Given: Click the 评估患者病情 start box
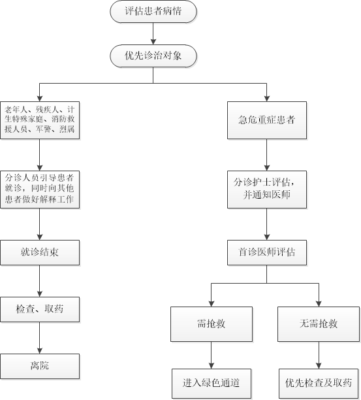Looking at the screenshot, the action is pyautogui.click(x=153, y=12).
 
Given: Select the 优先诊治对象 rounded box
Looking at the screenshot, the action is pyautogui.click(x=153, y=56).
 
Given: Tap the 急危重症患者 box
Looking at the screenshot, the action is pyautogui.click(x=267, y=120).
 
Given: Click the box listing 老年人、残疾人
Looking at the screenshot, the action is pyautogui.click(x=40, y=120).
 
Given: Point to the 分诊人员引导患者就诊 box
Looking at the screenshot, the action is pyautogui.click(x=40, y=190).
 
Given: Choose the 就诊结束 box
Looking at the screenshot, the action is pyautogui.click(x=40, y=252).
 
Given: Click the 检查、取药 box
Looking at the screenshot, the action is pyautogui.click(x=40, y=309).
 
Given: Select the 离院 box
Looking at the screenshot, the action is pyautogui.click(x=40, y=366).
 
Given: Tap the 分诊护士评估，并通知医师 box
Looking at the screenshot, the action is pyautogui.click(x=267, y=190).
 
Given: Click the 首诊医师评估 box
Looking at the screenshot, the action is pyautogui.click(x=267, y=252).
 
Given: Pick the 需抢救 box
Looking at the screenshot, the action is pyautogui.click(x=212, y=324).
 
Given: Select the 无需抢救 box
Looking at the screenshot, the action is pyautogui.click(x=319, y=324).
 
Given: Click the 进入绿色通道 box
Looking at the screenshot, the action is pyautogui.click(x=212, y=384).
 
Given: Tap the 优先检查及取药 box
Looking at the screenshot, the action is pyautogui.click(x=319, y=384).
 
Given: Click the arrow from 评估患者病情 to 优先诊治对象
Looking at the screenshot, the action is pyautogui.click(x=153, y=34).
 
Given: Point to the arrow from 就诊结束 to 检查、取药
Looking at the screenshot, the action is pyautogui.click(x=39, y=281).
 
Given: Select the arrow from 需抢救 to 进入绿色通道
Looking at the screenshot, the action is pyautogui.click(x=212, y=355).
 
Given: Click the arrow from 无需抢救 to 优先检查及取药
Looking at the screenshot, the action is pyautogui.click(x=319, y=355).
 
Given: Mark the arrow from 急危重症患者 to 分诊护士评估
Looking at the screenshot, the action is pyautogui.click(x=267, y=155).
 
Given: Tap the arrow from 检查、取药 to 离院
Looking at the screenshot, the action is pyautogui.click(x=39, y=338).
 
